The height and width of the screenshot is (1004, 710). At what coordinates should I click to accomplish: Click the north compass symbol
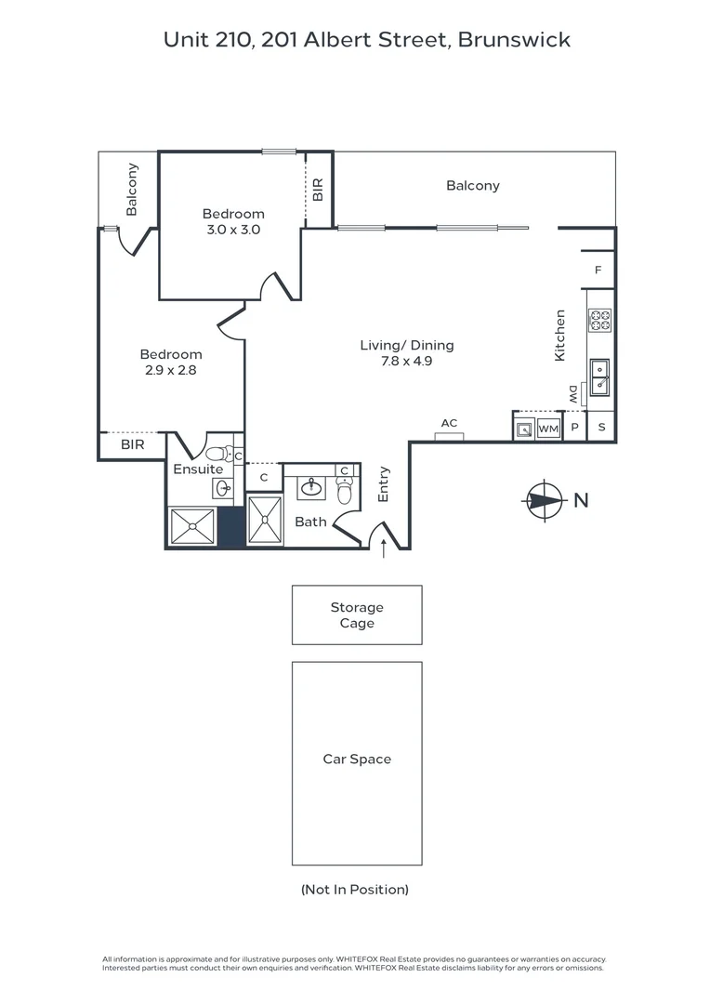[545, 500]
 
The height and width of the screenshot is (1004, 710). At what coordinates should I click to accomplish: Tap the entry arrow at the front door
[384, 548]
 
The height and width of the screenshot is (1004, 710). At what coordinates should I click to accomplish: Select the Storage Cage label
[357, 614]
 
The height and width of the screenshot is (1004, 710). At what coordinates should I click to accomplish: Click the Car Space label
[357, 759]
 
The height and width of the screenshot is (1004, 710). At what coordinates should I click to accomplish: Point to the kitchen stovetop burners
[600, 320]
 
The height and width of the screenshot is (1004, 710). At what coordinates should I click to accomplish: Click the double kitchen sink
[600, 377]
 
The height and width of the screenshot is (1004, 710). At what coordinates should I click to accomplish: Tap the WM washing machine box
[548, 429]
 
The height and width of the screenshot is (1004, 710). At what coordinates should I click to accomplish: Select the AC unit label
[450, 423]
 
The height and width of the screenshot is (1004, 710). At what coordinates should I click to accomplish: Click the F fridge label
[598, 271]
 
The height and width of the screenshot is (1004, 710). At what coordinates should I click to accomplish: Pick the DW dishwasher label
[573, 394]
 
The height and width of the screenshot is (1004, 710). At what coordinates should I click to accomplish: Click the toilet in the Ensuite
[221, 454]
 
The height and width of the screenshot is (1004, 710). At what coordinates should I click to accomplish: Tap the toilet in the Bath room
[345, 491]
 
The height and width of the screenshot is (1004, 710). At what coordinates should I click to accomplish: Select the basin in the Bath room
[311, 488]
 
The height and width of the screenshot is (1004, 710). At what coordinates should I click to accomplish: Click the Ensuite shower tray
[192, 526]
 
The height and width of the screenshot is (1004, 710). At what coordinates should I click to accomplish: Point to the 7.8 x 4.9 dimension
[406, 361]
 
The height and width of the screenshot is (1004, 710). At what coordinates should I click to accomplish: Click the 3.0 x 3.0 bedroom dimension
[233, 230]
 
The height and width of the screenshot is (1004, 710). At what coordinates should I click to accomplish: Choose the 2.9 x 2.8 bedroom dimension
[170, 370]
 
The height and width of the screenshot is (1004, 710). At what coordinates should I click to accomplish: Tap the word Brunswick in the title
[514, 40]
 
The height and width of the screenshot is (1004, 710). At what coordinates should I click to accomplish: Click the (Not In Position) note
[355, 890]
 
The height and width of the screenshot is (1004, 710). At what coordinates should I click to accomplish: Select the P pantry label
[575, 428]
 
